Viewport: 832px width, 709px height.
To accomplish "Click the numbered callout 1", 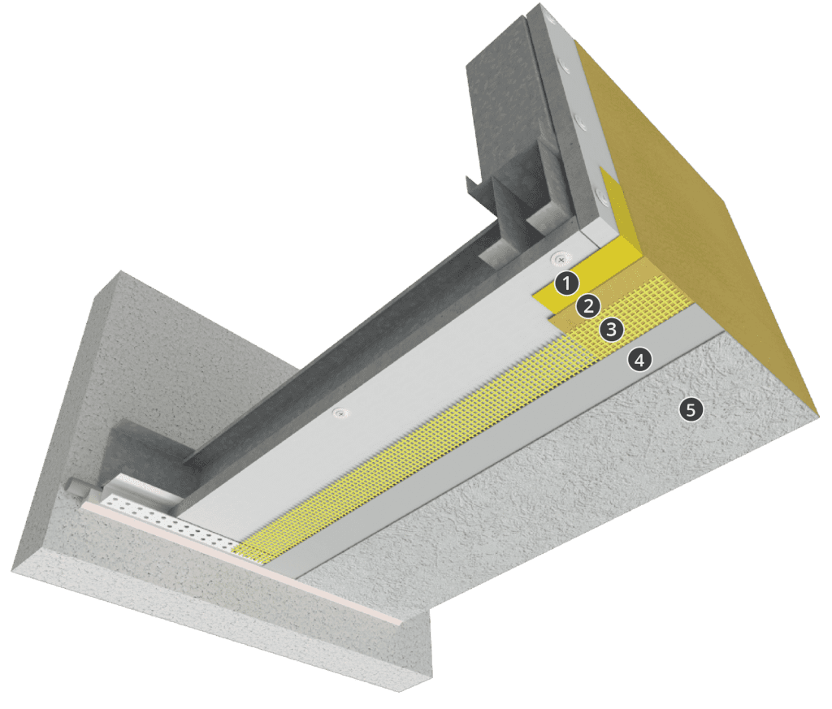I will [x=566, y=283].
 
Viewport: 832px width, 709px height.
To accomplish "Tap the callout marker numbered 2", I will [x=587, y=306].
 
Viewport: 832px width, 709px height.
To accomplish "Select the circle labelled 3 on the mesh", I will [x=610, y=330].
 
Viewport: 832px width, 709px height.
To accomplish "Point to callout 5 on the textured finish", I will [x=690, y=410].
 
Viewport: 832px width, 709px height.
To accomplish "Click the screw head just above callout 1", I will [x=559, y=259].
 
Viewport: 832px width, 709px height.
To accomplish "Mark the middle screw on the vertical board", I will [x=580, y=123].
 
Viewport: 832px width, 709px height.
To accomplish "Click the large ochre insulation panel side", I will [x=715, y=203].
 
